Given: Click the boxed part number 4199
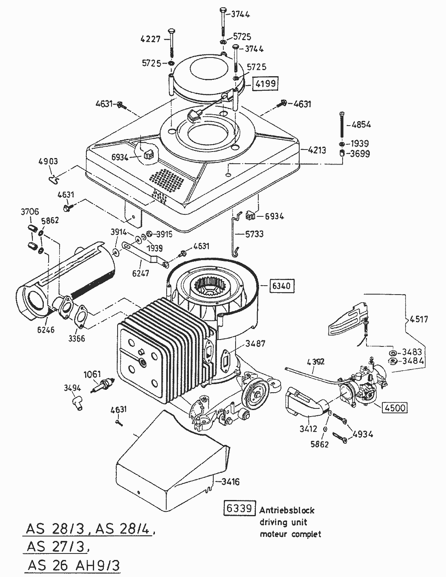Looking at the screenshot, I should (266, 84).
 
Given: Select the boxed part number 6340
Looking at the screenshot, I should (281, 286).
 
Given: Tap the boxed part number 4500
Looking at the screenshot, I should (395, 407).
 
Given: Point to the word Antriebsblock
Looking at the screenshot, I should (287, 510).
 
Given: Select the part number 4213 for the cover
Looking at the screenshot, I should (317, 151).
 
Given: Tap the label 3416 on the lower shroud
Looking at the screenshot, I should (230, 482).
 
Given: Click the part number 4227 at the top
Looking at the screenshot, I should (150, 39).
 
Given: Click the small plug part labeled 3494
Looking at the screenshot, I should (75, 402).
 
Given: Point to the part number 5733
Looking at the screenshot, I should (254, 234).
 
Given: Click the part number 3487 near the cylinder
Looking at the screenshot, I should (255, 344).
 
